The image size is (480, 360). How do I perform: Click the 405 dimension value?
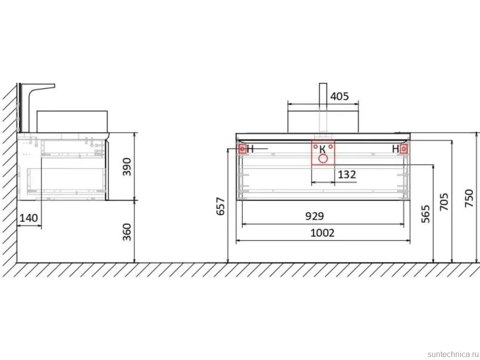[339, 96]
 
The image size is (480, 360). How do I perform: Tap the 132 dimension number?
[347, 175]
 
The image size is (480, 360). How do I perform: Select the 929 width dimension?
[314, 216]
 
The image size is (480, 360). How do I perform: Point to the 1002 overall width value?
[322, 233]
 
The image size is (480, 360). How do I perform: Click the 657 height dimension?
[221, 207]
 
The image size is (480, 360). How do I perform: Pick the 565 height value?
[426, 214]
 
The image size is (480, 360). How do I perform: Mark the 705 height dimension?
[444, 202]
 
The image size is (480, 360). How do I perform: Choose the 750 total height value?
[469, 198]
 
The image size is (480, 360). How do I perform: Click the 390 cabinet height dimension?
[127, 167]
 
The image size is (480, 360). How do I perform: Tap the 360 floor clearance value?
[127, 232]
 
